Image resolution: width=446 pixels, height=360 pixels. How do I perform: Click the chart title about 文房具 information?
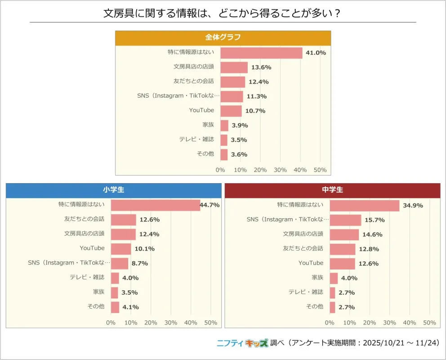223,13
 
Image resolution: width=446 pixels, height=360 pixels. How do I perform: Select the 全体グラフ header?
223,38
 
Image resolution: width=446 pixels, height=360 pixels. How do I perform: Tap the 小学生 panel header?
113,190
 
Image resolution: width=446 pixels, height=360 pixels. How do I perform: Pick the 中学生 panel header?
332,190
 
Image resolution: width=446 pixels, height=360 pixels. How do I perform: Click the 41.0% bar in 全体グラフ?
261,53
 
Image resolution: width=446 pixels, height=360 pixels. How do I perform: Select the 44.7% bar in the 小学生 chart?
156,205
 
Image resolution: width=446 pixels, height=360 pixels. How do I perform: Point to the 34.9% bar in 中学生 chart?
365,205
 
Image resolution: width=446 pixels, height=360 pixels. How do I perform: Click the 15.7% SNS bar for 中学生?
345,220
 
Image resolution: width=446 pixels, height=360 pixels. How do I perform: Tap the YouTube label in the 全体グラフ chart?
201,110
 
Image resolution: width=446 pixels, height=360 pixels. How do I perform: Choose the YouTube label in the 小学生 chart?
92,248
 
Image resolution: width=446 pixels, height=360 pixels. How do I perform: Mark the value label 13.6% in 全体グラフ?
261,67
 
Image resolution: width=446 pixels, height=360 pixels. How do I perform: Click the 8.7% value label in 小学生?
139,263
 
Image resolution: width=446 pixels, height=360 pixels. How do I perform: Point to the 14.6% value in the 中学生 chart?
370,234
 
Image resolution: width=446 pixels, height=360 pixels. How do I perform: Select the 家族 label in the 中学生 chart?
317,277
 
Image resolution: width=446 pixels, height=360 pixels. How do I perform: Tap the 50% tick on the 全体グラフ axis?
320,170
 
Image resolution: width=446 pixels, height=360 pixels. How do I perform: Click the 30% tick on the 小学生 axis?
171,323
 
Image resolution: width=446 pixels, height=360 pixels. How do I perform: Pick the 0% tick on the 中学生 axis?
330,323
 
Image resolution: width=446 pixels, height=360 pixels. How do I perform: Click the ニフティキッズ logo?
242,343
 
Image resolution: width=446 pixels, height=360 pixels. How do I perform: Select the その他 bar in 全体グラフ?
224,154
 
